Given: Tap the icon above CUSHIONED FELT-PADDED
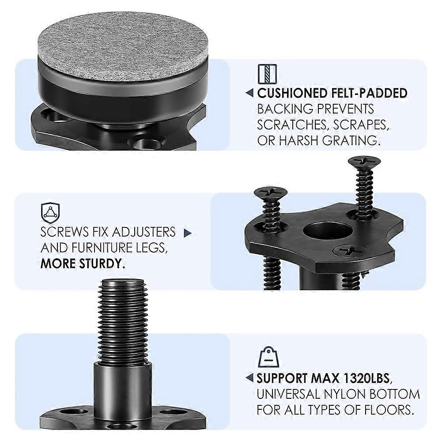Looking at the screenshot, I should (267, 74).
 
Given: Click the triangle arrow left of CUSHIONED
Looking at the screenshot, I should (249, 94).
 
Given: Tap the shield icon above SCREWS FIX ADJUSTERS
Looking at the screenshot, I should (51, 213).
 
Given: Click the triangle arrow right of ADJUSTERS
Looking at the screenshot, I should (188, 233).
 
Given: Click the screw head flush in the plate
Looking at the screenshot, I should (350, 251).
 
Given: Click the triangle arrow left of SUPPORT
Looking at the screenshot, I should (249, 378).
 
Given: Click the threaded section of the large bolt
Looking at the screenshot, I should (122, 322).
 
